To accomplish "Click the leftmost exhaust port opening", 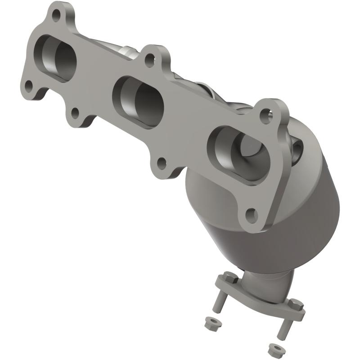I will [x=58, y=58].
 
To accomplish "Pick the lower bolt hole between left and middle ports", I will [x=75, y=112].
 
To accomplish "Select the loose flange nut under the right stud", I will [x=272, y=349].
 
